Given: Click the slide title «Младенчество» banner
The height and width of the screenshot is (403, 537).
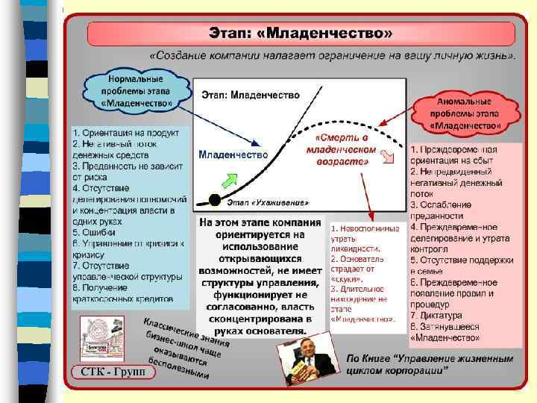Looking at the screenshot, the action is (x=301, y=34).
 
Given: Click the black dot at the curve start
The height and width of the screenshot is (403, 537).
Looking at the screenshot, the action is (x=216, y=199).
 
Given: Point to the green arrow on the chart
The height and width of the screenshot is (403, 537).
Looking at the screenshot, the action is (x=230, y=179).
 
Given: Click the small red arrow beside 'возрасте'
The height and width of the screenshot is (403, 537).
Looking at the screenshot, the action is (x=387, y=156).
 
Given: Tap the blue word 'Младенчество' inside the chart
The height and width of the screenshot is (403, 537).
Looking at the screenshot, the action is (x=233, y=154).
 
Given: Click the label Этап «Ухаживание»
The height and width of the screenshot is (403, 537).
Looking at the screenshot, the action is (x=267, y=203).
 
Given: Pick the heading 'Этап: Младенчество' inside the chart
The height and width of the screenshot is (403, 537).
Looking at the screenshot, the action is (x=251, y=96).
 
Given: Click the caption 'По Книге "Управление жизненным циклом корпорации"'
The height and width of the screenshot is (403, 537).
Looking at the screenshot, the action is (x=430, y=365).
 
